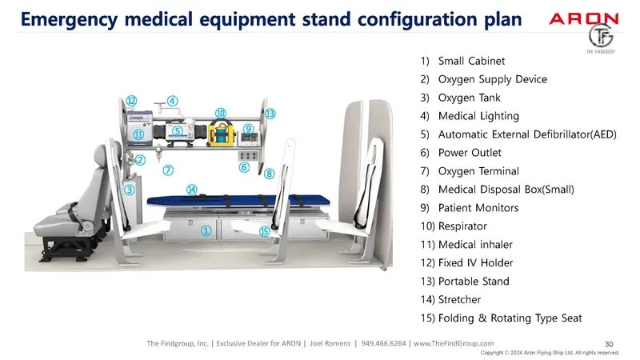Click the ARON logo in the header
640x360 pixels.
coord(583,18)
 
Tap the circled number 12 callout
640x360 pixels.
coord(131,100)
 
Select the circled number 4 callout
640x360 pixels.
coord(173,102)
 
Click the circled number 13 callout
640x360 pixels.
coord(270,114)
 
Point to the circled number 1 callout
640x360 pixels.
coord(206,230)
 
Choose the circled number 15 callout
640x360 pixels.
coord(265,231)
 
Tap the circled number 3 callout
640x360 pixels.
coord(129,190)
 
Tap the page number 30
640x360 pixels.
coord(608,343)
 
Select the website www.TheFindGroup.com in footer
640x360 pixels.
coord(454,344)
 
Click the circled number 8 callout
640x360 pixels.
coord(269,173)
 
